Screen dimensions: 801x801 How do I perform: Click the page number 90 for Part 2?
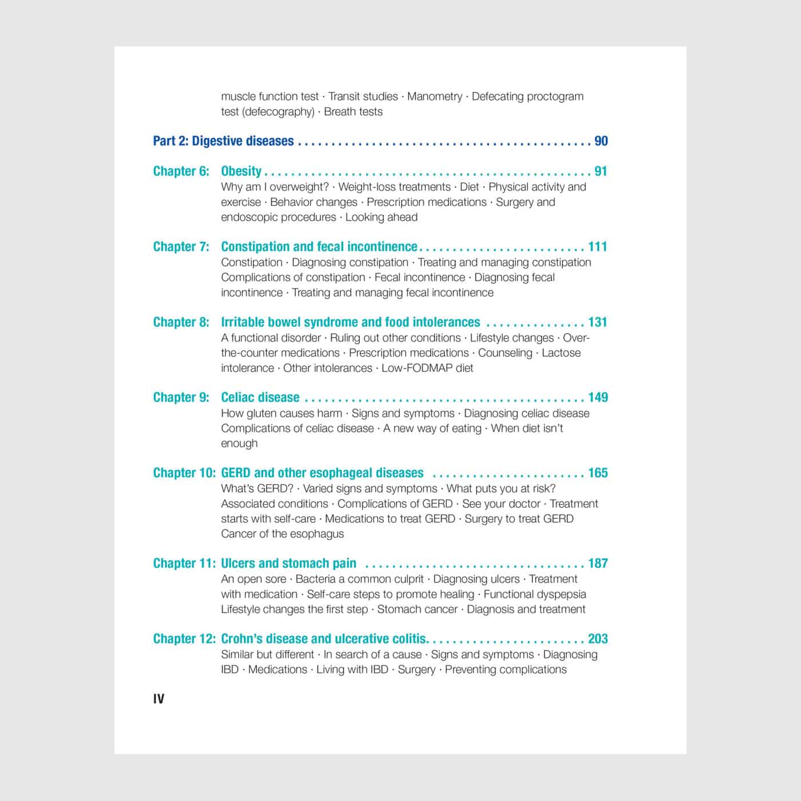click(x=601, y=141)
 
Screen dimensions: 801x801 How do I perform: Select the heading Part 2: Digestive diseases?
click(x=223, y=141)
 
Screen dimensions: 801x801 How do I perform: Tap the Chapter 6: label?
click(x=181, y=171)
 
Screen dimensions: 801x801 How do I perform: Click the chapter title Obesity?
click(x=241, y=171)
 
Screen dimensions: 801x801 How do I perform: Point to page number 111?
click(x=597, y=247)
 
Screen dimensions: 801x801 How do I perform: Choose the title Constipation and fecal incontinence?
click(x=319, y=247)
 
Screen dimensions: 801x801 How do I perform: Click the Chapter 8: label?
click(x=181, y=322)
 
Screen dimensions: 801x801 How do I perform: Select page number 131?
click(x=597, y=322)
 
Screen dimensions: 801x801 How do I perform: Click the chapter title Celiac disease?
click(x=260, y=398)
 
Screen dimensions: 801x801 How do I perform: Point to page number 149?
click(x=597, y=398)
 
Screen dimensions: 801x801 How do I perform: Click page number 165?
click(x=597, y=473)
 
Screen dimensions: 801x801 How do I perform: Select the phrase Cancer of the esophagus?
click(x=283, y=534)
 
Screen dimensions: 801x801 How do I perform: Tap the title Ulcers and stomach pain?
click(x=288, y=564)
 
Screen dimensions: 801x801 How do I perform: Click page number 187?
click(x=597, y=564)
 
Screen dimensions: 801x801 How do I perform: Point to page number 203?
click(x=597, y=639)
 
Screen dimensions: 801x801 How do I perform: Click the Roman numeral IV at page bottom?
click(x=158, y=699)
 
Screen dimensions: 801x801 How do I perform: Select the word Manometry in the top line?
click(x=434, y=96)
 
